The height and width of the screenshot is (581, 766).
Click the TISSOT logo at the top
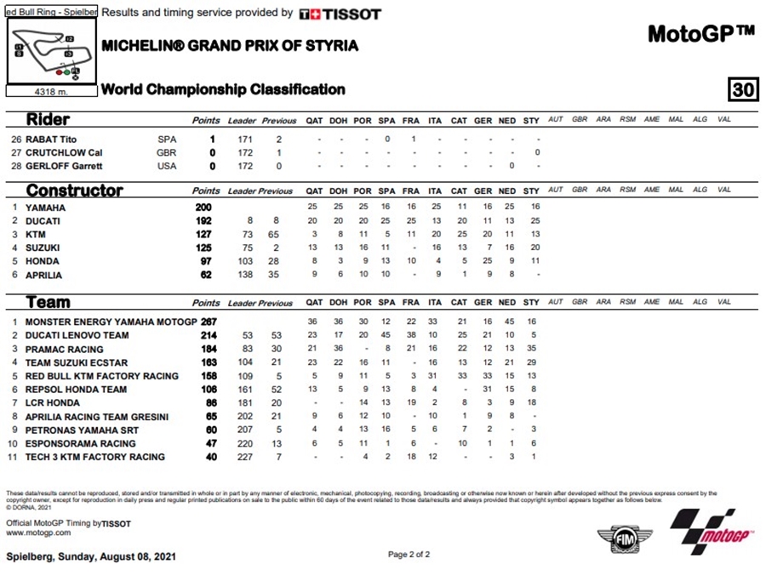(x=340, y=14)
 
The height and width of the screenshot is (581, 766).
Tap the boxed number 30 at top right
(x=742, y=89)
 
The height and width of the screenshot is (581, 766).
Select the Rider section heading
(x=48, y=120)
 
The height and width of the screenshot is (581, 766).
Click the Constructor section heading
(x=74, y=191)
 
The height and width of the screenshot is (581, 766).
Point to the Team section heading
(x=48, y=302)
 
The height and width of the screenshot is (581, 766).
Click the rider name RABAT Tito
(x=51, y=139)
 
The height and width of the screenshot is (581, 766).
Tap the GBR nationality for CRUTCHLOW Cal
(x=168, y=152)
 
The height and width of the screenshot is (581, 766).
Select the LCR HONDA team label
(x=52, y=403)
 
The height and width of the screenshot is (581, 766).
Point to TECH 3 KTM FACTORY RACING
(x=94, y=457)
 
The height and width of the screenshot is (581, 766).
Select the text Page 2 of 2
(x=409, y=555)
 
